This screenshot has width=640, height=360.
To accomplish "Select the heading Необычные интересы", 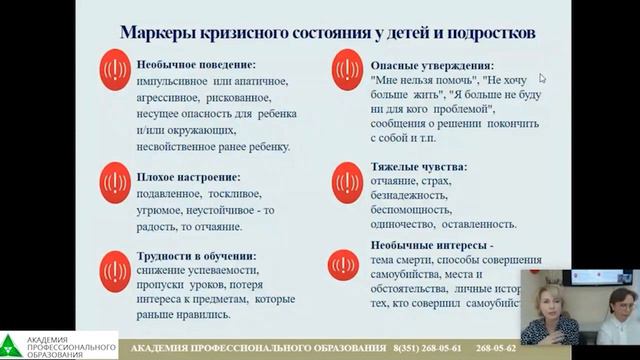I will [x=431, y=243].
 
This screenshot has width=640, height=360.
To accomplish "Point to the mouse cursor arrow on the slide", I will [x=543, y=78].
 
